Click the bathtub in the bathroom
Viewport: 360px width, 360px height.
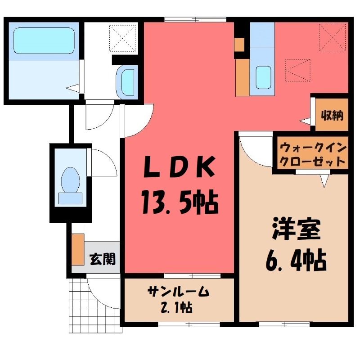44,41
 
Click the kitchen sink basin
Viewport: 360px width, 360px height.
263,77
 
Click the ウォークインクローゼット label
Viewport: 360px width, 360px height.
313,155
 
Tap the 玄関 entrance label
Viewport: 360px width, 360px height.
103,259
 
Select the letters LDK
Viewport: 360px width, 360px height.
179,167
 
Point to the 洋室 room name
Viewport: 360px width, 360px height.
296,229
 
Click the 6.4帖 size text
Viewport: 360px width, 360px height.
296,261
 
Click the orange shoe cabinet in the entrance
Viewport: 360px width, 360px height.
78,250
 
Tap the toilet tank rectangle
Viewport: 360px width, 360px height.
70,198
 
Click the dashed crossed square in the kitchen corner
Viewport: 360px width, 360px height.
333,37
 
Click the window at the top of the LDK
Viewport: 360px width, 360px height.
195,19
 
